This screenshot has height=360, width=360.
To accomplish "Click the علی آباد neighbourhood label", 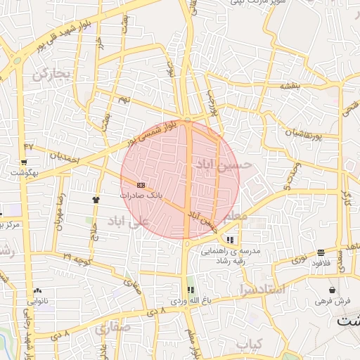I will pos(129,221).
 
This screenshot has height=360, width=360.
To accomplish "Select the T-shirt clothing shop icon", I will pos(96,199).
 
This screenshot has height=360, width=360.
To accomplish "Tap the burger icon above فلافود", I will pos(321,252).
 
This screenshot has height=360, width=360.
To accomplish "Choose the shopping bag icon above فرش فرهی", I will pos(332,290).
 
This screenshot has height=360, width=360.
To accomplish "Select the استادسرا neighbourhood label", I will pos(261,289).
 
